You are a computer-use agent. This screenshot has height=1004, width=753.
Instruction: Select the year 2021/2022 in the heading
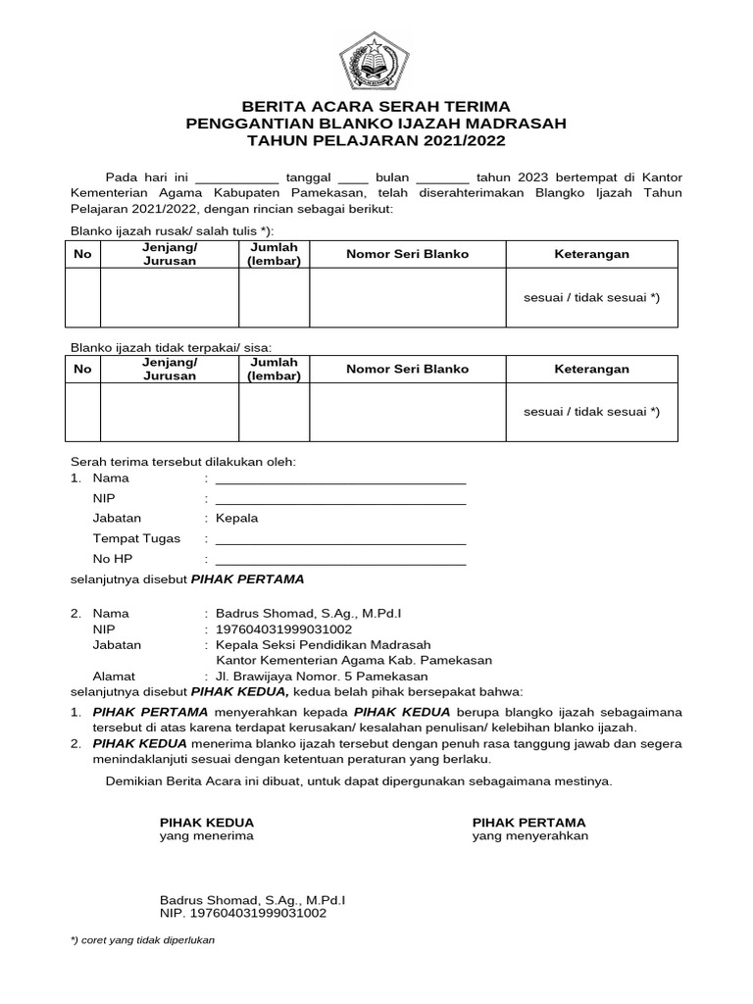pos(461,141)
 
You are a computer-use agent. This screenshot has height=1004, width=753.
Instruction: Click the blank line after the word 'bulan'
pos(442,178)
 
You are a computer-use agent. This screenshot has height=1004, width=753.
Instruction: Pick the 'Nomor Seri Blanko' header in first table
pos(407,254)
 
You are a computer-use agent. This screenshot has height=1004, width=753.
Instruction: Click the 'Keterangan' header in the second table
pos(592,370)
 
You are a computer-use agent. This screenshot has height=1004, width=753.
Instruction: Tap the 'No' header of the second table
pos(82,370)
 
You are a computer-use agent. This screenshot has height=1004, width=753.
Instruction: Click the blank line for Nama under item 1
pos(340,479)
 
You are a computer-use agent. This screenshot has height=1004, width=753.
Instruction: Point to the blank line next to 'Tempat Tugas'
pos(340,539)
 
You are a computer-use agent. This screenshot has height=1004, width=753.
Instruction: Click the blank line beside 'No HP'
pos(340,560)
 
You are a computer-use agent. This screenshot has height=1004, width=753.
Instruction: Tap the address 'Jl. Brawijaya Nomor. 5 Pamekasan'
pos(322,677)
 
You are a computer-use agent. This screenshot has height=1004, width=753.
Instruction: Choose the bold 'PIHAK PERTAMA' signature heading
pos(528,822)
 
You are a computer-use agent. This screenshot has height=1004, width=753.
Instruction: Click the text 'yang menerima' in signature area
pos(207,836)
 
